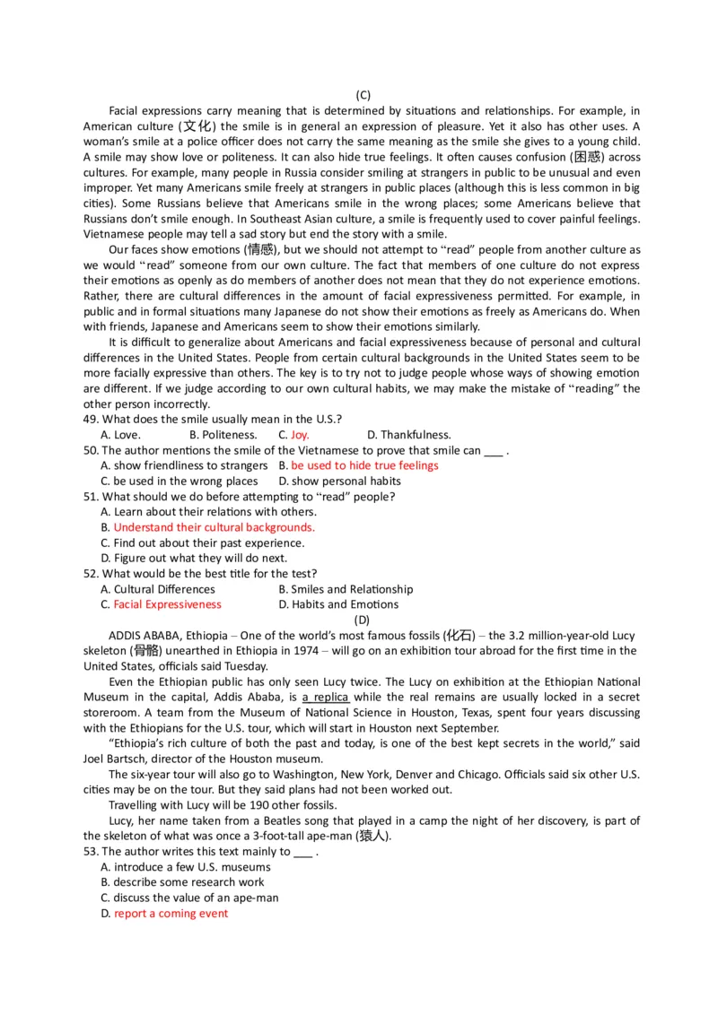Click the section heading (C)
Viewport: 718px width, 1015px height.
[363, 95]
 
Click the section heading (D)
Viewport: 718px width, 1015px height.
[362, 620]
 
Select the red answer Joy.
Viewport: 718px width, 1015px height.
[300, 435]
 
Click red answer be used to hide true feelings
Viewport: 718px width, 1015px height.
[364, 465]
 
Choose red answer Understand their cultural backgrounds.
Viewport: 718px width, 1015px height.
[215, 527]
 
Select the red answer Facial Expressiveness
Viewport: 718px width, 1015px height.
[167, 604]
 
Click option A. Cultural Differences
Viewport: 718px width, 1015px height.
[158, 589]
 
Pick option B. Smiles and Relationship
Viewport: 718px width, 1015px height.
[346, 589]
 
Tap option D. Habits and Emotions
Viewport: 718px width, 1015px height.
[338, 604]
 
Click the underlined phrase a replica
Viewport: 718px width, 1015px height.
[325, 698]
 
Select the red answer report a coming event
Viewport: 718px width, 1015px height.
[171, 913]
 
